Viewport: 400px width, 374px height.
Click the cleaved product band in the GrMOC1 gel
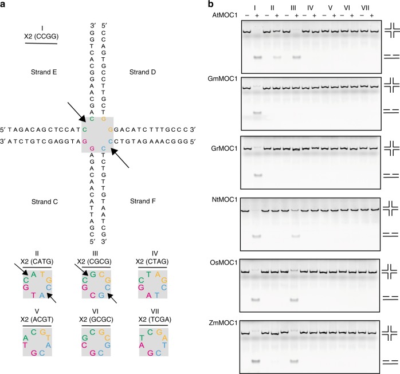coord(257,175)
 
